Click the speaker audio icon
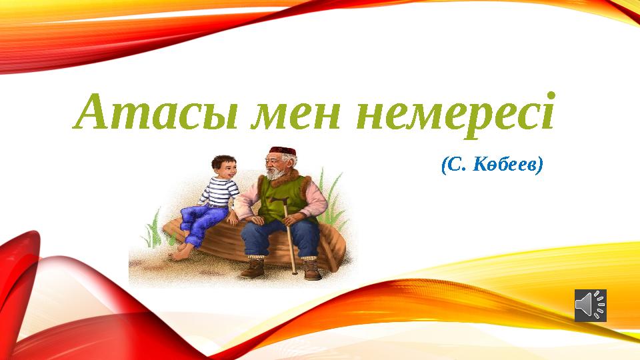[591, 305]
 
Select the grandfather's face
[278, 163]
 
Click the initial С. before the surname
[454, 166]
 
